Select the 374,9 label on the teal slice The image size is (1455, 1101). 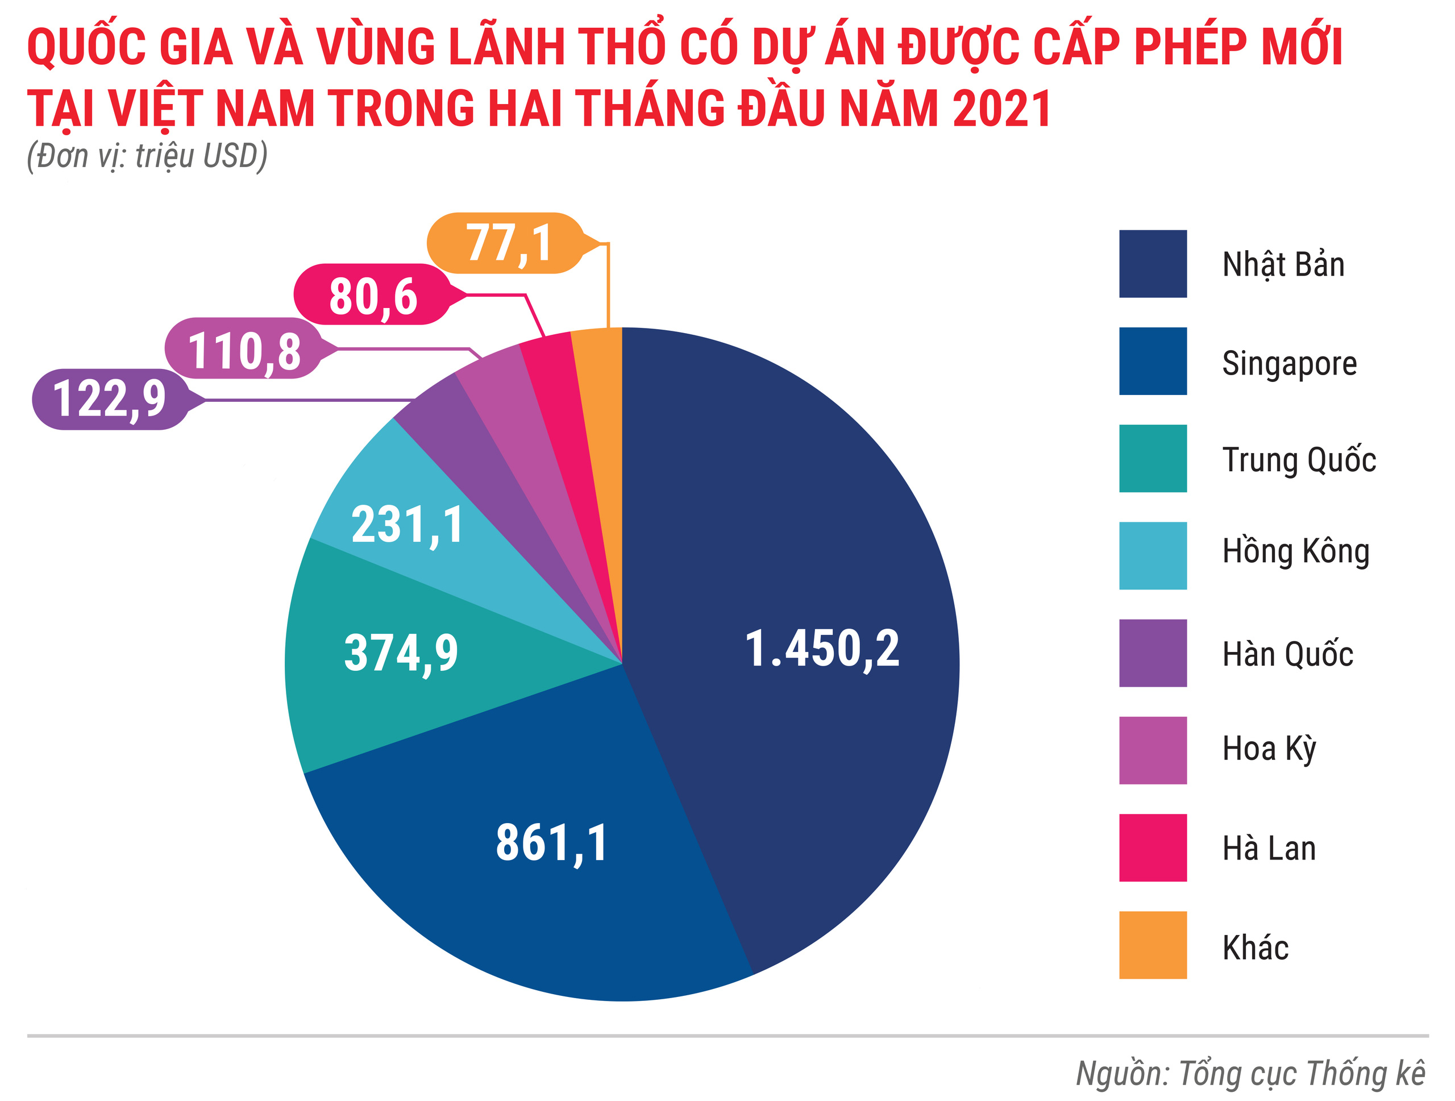tap(401, 653)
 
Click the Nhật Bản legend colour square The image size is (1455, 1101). tap(1153, 264)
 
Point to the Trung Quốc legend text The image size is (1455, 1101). tap(1299, 459)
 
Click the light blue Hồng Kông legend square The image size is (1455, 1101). tap(1153, 556)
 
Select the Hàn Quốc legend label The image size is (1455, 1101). tap(1287, 654)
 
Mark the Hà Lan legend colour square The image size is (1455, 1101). tap(1153, 848)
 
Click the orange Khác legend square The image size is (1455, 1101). tap(1153, 945)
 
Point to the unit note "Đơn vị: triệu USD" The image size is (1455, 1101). tap(147, 156)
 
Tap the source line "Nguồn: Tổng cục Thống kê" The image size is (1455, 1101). tap(1250, 1073)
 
